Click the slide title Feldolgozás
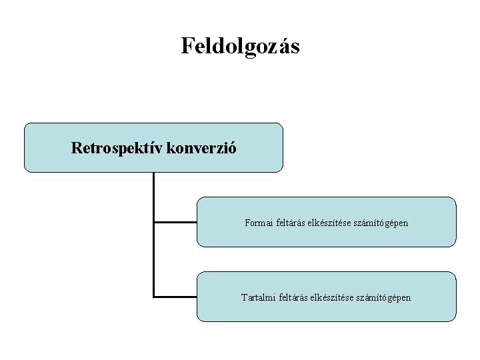click(x=240, y=46)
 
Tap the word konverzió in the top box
click(x=203, y=148)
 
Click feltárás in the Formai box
click(x=292, y=223)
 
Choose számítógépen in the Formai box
click(x=381, y=223)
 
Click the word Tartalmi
click(x=257, y=297)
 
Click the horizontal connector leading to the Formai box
click(x=175, y=222)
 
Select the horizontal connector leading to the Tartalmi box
click(x=175, y=296)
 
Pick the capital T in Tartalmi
click(x=244, y=297)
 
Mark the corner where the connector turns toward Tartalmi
click(x=154, y=296)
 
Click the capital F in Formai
click(x=247, y=223)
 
